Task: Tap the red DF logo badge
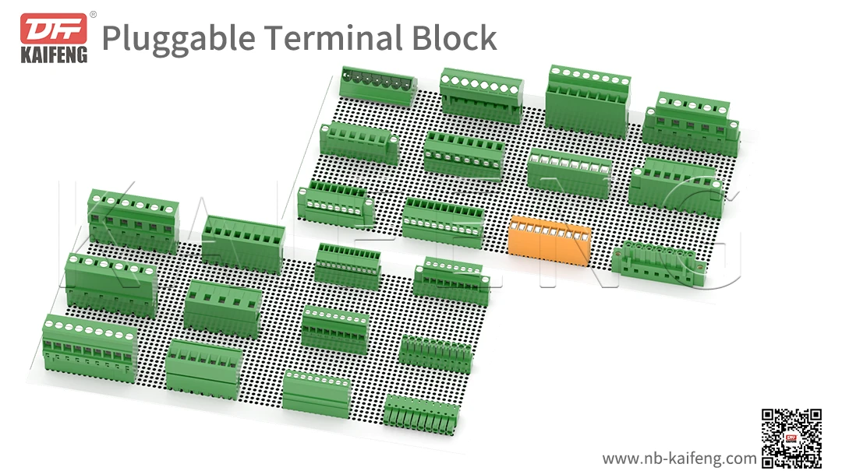[x=54, y=29]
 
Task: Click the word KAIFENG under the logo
[x=54, y=55]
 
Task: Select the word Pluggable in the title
[x=178, y=40]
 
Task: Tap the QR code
[x=791, y=438]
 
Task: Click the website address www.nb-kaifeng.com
[x=679, y=459]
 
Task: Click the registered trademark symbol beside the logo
[x=93, y=15]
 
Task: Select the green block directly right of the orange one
[x=660, y=263]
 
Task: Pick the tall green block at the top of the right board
[x=587, y=101]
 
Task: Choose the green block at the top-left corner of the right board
[x=378, y=85]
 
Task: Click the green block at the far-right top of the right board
[x=691, y=123]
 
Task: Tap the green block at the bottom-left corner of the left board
[x=90, y=349]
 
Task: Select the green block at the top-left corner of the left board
[x=133, y=220]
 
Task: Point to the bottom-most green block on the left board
[x=422, y=413]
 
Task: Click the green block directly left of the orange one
[x=443, y=222]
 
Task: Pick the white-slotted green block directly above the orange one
[x=569, y=173]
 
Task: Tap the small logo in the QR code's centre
[x=791, y=439]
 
